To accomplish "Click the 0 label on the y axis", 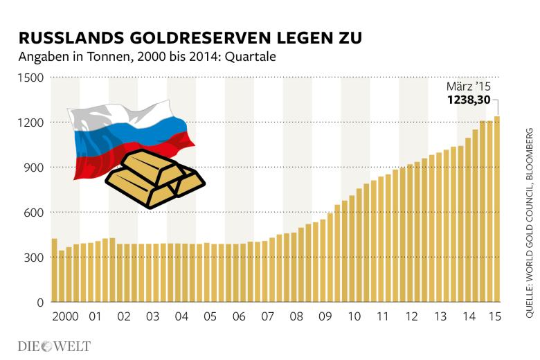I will point(40,303).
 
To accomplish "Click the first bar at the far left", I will point(54,270).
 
